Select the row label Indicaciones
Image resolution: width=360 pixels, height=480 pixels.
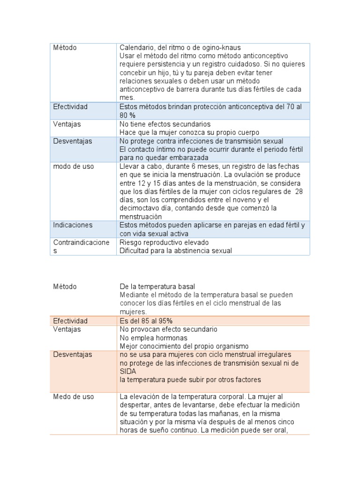coord(73,225)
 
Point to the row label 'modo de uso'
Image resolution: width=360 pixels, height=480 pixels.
coord(73,166)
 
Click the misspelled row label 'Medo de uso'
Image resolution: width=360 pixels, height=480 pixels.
coord(74,397)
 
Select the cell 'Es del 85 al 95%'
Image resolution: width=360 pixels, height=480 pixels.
coord(146,321)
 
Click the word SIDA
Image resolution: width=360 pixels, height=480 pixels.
coord(128,371)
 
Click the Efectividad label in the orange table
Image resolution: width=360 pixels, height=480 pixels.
coord(70,321)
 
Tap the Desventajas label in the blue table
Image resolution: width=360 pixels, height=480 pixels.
coord(73,141)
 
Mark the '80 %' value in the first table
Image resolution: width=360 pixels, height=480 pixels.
coord(128,115)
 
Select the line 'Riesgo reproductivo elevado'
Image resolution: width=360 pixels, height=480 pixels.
coord(164,242)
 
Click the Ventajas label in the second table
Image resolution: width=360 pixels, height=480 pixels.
coord(67,329)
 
